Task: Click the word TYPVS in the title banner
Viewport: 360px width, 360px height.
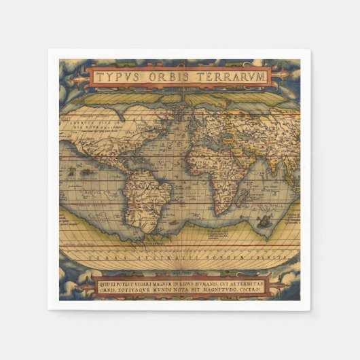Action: coord(118,77)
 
